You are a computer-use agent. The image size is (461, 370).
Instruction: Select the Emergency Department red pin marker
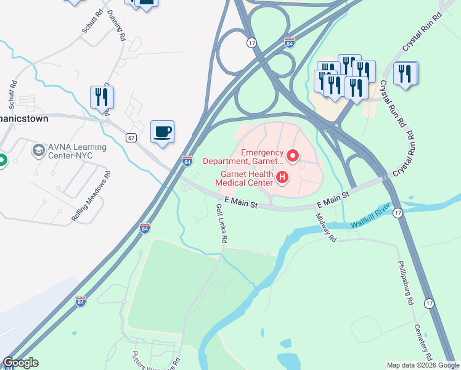click(x=293, y=156)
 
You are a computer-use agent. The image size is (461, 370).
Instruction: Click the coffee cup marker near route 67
click(x=162, y=132)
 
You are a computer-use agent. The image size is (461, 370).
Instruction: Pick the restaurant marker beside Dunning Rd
click(x=102, y=97)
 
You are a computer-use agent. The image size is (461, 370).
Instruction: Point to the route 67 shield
click(x=131, y=138)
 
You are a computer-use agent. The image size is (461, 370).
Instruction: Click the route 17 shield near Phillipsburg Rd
click(x=399, y=213)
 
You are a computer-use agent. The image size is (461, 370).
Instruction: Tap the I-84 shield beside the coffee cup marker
click(x=187, y=161)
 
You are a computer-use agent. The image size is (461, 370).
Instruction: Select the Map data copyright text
click(x=422, y=365)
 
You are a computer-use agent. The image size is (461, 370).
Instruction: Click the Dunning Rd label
click(x=115, y=25)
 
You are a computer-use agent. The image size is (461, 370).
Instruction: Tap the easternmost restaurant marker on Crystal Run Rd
click(x=406, y=74)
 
